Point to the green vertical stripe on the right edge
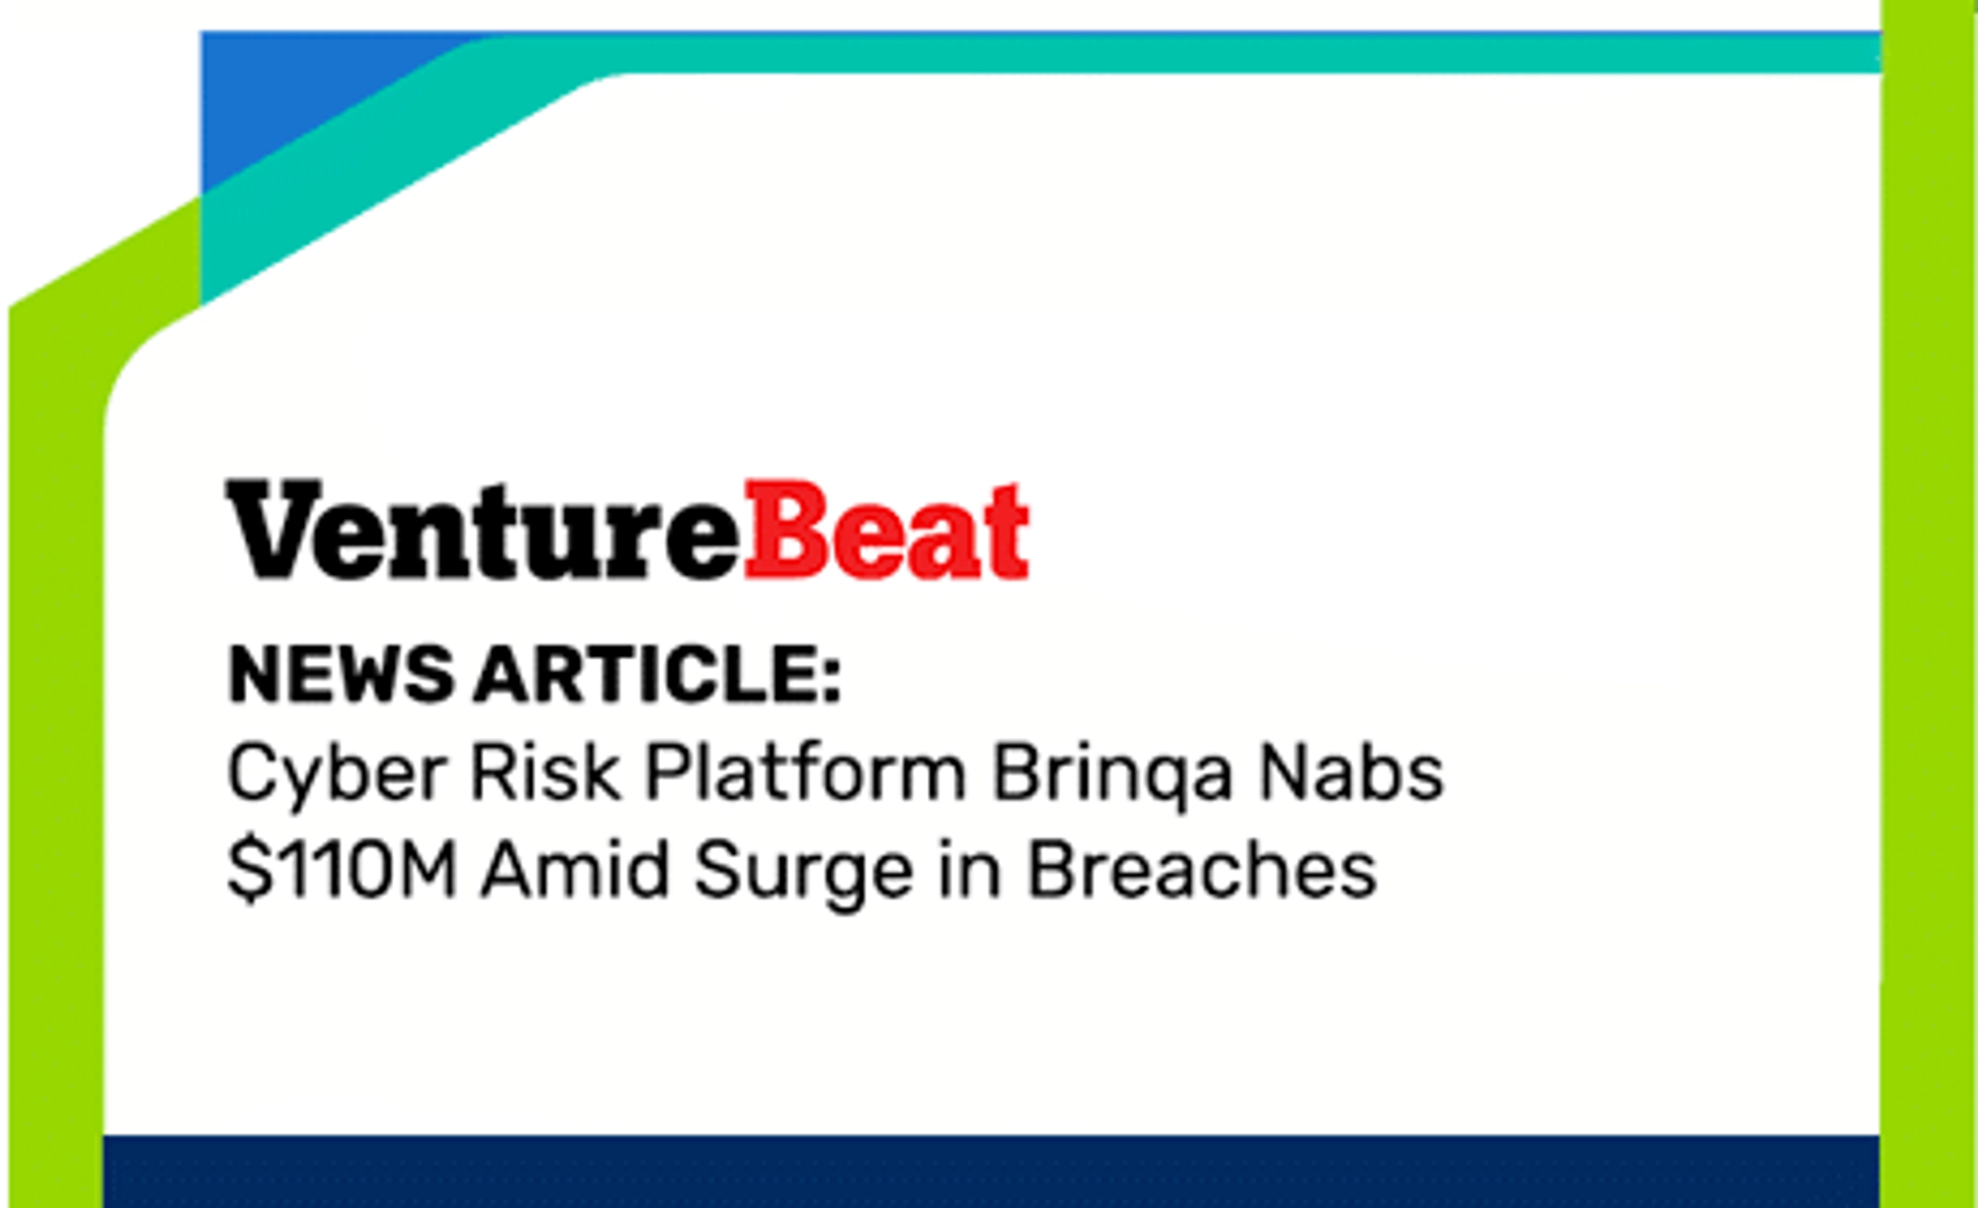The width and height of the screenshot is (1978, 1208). click(1929, 603)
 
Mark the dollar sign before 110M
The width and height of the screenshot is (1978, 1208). click(250, 871)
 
